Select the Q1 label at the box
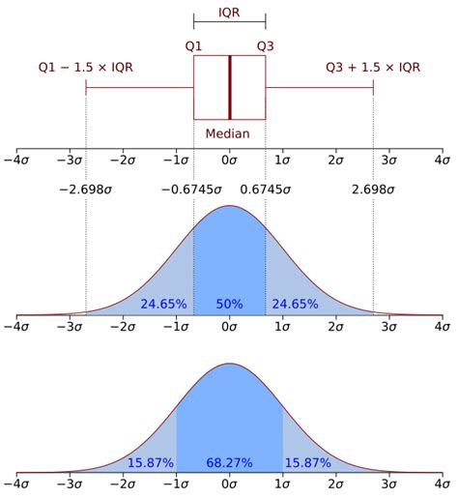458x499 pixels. (x=194, y=45)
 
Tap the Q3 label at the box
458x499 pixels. (x=266, y=45)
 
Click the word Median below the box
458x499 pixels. (x=229, y=133)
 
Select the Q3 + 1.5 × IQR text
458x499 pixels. (x=371, y=67)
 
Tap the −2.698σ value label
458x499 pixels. (x=85, y=191)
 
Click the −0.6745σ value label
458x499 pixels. (x=193, y=191)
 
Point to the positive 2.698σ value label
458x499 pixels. (x=373, y=191)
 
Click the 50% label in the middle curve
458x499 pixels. (x=229, y=304)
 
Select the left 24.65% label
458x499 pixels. (x=162, y=304)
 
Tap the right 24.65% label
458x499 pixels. (x=296, y=304)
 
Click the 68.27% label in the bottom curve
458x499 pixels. (x=229, y=464)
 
